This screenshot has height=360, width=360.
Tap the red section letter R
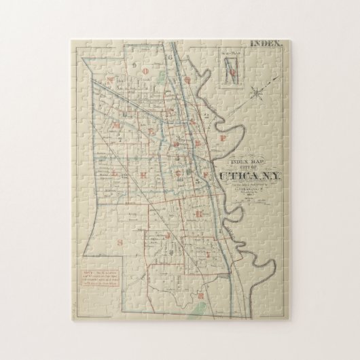click(x=202, y=296)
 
